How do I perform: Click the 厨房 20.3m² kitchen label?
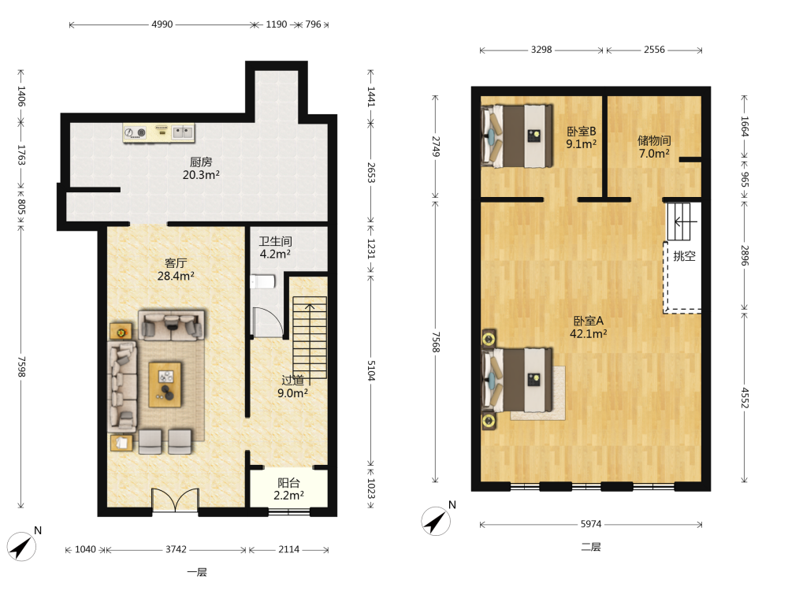click(x=201, y=169)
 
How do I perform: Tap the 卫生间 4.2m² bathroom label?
click(x=275, y=247)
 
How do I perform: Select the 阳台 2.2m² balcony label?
click(x=288, y=489)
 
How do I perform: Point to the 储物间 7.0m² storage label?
click(x=654, y=147)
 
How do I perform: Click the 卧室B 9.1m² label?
click(x=581, y=137)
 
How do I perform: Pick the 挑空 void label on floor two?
click(x=684, y=256)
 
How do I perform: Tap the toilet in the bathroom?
click(x=262, y=281)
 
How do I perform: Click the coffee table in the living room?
click(x=165, y=385)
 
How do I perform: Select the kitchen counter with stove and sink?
click(x=159, y=132)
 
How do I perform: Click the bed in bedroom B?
click(x=517, y=136)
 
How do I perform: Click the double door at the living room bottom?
click(x=176, y=500)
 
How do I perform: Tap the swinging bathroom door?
click(x=268, y=322)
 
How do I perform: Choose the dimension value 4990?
click(x=162, y=24)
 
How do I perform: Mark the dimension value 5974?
click(x=591, y=524)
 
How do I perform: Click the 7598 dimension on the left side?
click(x=21, y=367)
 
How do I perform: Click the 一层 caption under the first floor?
click(x=196, y=572)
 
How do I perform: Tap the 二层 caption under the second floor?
click(x=591, y=547)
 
